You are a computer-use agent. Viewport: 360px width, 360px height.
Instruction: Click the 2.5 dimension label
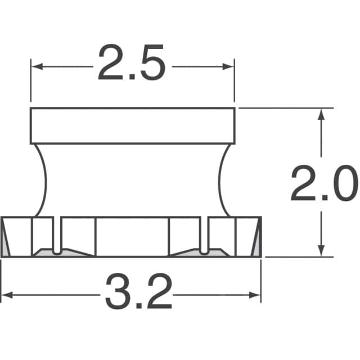point(132,62)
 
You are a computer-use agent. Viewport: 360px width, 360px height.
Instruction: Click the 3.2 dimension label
point(138,291)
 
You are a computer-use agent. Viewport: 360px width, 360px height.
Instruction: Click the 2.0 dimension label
point(325,183)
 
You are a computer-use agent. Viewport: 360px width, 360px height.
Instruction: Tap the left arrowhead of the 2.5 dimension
point(37,67)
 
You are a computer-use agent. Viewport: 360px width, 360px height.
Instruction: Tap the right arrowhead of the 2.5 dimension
point(228,67)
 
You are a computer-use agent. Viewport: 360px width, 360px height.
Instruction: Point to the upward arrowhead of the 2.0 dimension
point(321,114)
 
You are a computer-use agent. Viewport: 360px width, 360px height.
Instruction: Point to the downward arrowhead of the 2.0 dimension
point(321,251)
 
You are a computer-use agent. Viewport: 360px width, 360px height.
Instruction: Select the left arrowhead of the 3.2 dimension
point(7,295)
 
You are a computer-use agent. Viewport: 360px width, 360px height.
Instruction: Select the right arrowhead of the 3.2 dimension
point(255,295)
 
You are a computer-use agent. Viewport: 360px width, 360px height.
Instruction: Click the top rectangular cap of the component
point(133,126)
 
